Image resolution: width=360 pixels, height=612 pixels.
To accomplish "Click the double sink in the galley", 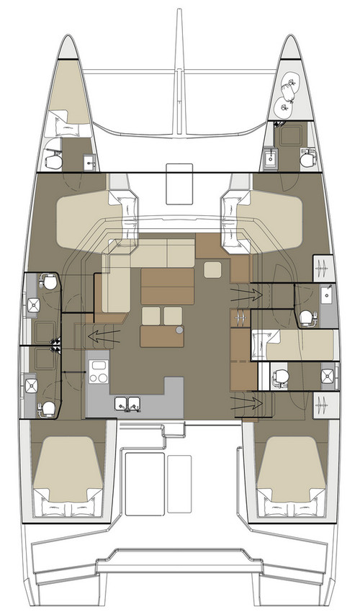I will (x=127, y=403).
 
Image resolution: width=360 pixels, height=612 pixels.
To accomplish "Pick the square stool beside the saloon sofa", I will (x=213, y=270).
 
